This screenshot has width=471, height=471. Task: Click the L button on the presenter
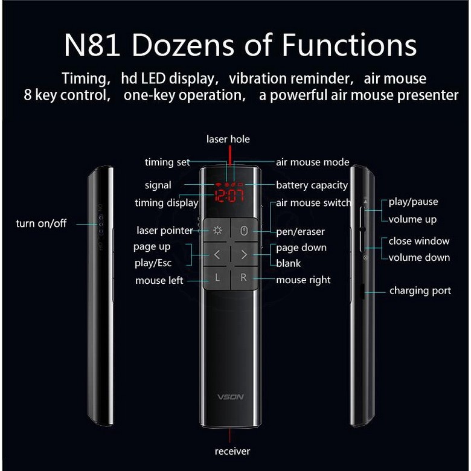click(217, 278)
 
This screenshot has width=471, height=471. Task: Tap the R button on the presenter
click(243, 278)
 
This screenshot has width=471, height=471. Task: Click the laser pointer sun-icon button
click(217, 230)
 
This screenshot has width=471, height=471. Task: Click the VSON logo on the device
click(230, 397)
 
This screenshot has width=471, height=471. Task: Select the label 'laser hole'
click(228, 139)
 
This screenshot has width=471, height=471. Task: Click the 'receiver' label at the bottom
click(232, 451)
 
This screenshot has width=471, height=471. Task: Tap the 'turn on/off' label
click(41, 223)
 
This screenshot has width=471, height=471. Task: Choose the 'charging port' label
click(420, 291)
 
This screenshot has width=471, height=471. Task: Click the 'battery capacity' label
click(312, 185)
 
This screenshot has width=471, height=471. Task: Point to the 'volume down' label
click(419, 257)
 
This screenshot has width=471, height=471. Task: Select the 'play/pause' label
click(413, 202)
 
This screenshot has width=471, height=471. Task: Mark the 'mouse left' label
click(158, 280)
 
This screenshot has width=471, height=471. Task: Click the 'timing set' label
click(167, 162)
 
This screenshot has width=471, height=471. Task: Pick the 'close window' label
click(419, 241)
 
